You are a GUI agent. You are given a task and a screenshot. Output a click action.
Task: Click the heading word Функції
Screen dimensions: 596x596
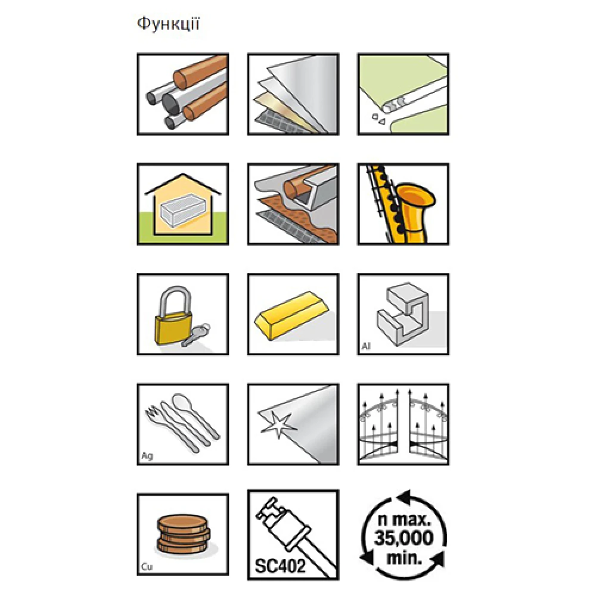[168, 24]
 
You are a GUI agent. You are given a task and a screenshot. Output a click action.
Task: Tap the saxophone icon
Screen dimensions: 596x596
[403, 204]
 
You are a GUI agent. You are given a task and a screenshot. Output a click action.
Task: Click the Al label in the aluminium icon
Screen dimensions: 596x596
[366, 346]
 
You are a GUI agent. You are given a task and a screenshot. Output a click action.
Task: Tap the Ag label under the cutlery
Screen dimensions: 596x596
[147, 456]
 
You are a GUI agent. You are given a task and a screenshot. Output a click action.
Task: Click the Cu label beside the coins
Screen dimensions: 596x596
[147, 566]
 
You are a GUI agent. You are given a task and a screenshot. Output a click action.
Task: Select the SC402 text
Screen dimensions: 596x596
[280, 566]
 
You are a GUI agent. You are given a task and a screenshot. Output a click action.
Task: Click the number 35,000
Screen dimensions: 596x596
[403, 538]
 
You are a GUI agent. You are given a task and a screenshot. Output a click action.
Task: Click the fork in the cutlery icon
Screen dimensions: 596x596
[171, 429]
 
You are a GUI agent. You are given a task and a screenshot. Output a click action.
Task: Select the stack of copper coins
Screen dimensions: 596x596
[183, 533]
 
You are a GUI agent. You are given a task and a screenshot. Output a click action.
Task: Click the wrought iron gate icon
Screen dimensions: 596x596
[403, 424]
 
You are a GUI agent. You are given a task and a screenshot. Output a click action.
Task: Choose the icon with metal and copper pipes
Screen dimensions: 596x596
[183, 94]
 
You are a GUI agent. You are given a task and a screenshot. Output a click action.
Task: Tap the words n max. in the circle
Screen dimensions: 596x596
[403, 519]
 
